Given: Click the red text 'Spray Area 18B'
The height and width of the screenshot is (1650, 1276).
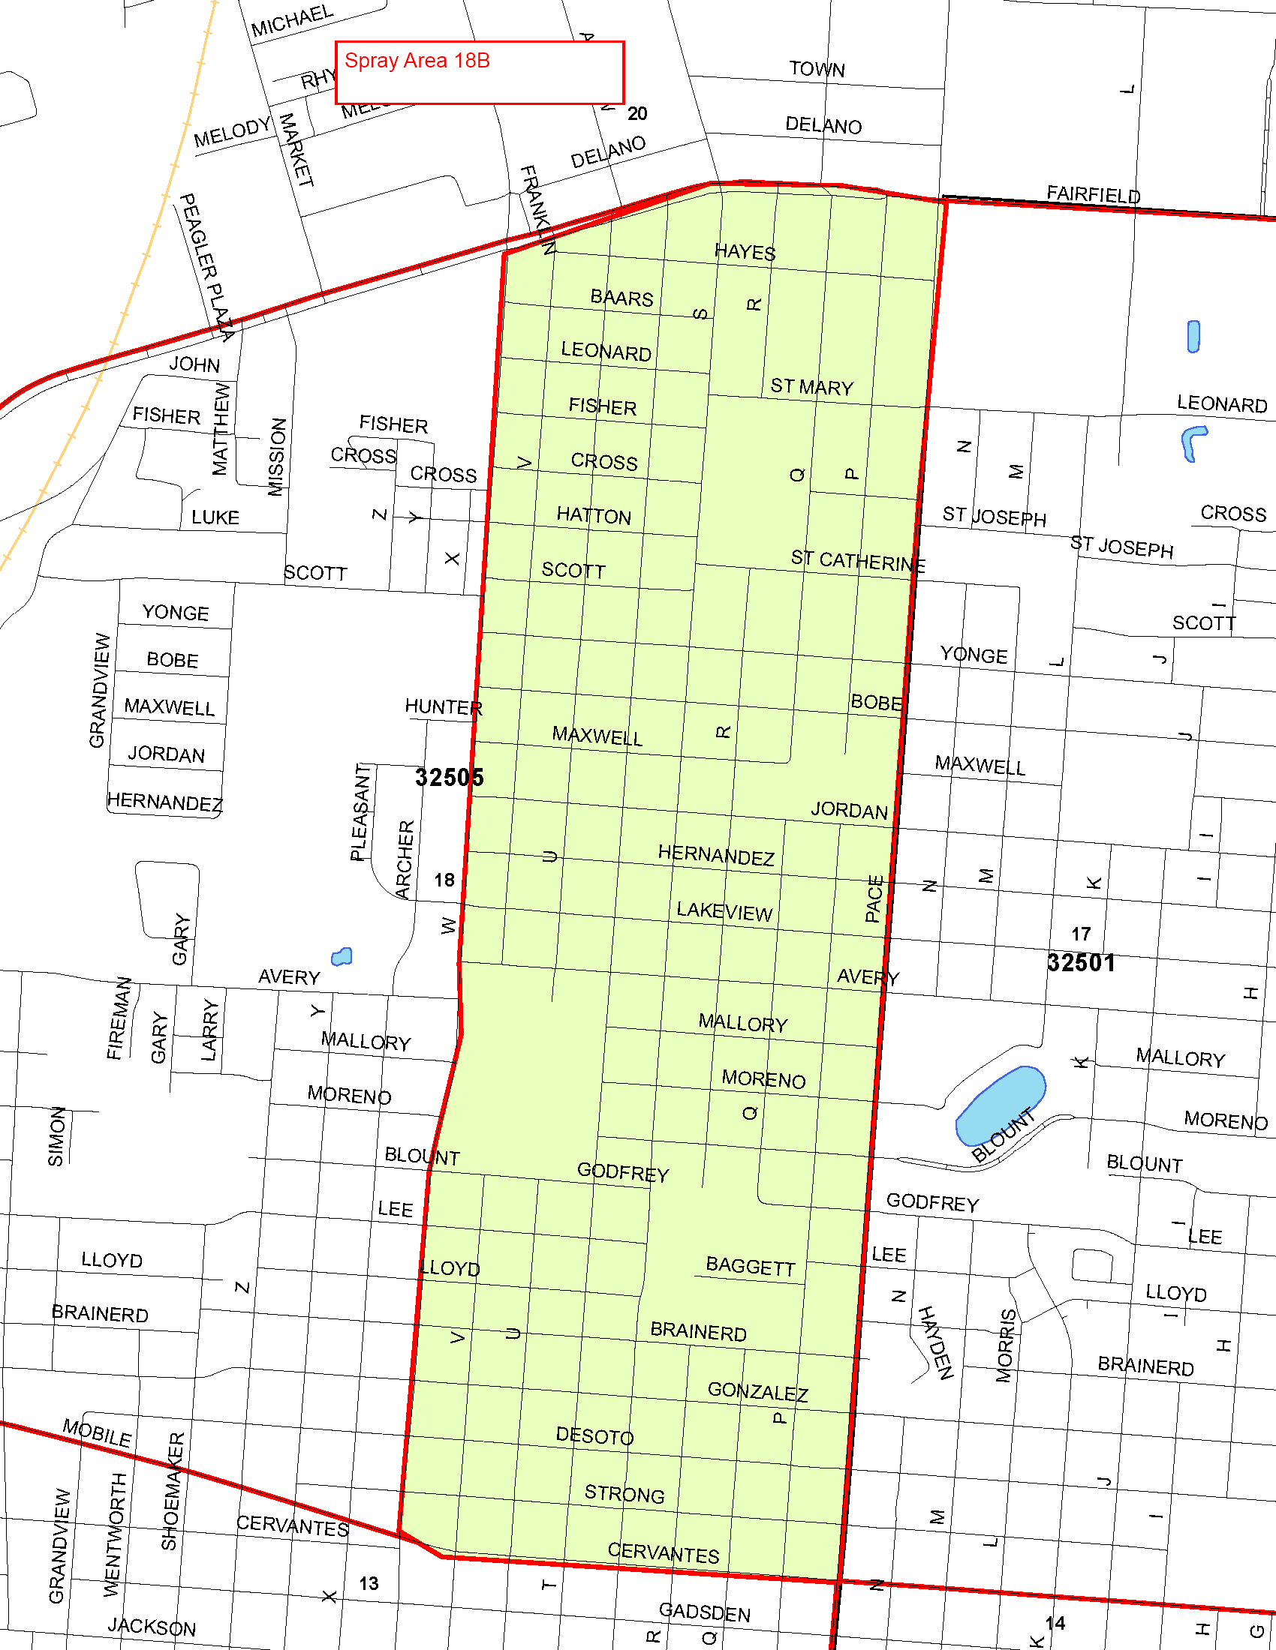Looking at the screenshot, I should [x=417, y=61].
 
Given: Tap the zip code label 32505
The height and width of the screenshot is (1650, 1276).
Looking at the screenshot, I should [x=449, y=778].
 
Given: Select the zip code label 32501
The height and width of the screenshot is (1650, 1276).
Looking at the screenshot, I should [x=1081, y=963].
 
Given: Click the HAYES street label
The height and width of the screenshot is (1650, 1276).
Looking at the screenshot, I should [x=745, y=251].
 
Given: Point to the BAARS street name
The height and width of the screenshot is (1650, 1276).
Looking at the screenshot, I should [x=621, y=298].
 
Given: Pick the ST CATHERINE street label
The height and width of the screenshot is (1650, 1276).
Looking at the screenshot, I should [x=857, y=561].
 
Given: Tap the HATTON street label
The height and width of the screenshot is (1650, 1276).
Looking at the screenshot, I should [x=594, y=516].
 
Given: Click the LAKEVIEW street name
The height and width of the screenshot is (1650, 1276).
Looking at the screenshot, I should [x=724, y=912].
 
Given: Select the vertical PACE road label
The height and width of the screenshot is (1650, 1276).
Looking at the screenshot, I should [x=874, y=898].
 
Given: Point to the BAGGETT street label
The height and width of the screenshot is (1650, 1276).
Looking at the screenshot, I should [x=750, y=1266].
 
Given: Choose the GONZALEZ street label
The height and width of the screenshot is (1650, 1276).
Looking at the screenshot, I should [x=757, y=1391].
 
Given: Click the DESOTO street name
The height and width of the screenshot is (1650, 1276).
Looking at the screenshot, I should [x=594, y=1435].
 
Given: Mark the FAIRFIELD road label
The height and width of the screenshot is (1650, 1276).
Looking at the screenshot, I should [x=1093, y=194].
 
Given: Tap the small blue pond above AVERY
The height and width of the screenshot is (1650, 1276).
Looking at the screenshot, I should [x=342, y=957].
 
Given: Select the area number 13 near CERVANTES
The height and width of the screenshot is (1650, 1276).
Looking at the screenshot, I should [x=369, y=1583].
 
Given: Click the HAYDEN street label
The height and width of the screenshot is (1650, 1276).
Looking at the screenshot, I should [x=935, y=1342].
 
